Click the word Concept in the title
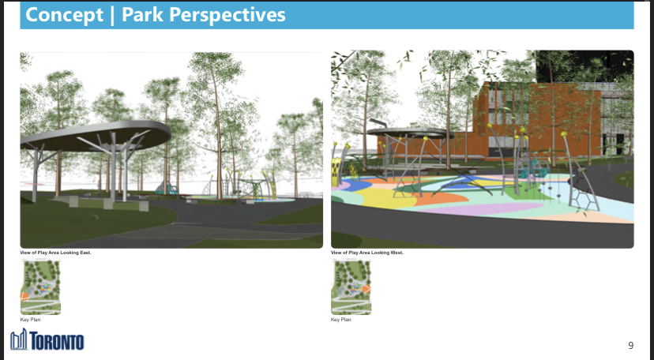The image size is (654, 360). [64, 14]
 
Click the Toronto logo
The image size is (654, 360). [47, 339]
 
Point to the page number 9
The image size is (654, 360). [630, 346]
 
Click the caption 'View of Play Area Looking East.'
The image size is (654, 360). [55, 253]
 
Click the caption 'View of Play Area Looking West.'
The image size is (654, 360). [367, 253]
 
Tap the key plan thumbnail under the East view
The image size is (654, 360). [40, 287]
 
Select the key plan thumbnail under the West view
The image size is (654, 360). [351, 287]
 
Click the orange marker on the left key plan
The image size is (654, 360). [24, 296]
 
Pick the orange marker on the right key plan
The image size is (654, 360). [366, 289]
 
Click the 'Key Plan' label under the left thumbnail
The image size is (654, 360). [31, 320]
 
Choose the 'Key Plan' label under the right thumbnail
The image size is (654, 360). [341, 320]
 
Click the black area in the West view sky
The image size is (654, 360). [584, 66]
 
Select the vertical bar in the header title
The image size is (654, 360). [112, 16]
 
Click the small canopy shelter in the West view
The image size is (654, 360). [411, 133]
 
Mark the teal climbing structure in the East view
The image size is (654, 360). [166, 189]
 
